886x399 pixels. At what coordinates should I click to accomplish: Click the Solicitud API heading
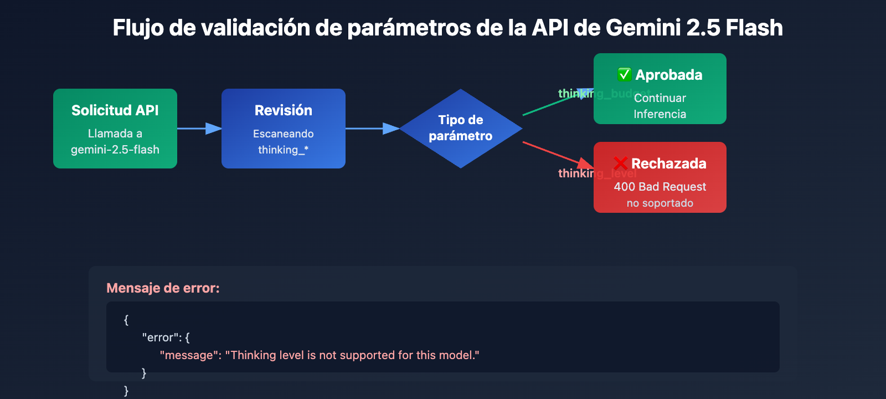115,110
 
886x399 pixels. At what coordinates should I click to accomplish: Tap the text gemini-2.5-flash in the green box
115,150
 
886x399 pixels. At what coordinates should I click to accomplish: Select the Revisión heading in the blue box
283,110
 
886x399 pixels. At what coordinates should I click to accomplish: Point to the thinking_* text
283,150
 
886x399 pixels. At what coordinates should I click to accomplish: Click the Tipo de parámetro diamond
460,128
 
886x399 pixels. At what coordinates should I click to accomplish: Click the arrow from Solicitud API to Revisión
199,129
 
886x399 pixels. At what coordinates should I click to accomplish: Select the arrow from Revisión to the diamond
372,129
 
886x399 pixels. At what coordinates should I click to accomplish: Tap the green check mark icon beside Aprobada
624,74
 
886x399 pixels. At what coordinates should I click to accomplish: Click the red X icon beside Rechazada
620,163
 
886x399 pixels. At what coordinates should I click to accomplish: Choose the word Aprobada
668,75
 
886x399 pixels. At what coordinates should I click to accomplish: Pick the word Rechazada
668,163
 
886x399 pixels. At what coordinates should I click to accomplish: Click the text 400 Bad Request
660,187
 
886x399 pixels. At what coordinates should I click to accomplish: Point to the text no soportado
660,203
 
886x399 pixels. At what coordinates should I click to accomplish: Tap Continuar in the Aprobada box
660,98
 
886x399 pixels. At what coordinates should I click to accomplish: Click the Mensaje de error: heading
163,288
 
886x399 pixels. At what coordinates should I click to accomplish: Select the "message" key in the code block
186,355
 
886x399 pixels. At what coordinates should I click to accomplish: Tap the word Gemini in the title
642,28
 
